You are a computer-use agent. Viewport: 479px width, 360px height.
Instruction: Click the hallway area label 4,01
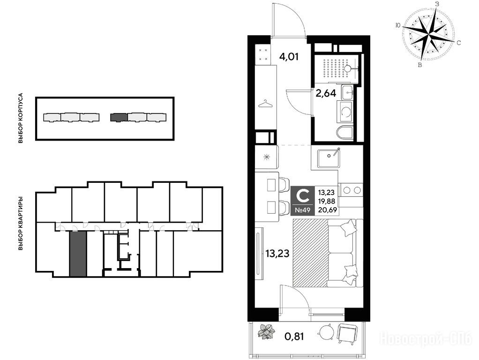[x=289, y=57]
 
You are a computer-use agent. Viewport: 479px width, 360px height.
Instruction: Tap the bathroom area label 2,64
[x=326, y=93]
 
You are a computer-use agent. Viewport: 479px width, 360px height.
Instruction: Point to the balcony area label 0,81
[x=294, y=337]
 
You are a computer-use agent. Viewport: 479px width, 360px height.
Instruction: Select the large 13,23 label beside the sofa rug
[x=277, y=253]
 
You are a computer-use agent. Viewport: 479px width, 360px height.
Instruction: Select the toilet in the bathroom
[x=345, y=132]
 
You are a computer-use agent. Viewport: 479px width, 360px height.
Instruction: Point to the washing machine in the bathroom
[x=345, y=112]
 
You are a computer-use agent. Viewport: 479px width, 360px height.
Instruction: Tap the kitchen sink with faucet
[x=329, y=157]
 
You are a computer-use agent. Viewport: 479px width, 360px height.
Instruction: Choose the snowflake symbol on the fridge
[x=267, y=157]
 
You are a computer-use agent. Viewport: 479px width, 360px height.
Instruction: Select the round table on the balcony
[x=326, y=332]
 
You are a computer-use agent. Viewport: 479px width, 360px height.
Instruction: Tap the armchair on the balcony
[x=347, y=334]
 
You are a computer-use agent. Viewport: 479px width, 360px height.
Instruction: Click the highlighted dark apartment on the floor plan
[x=78, y=254]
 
